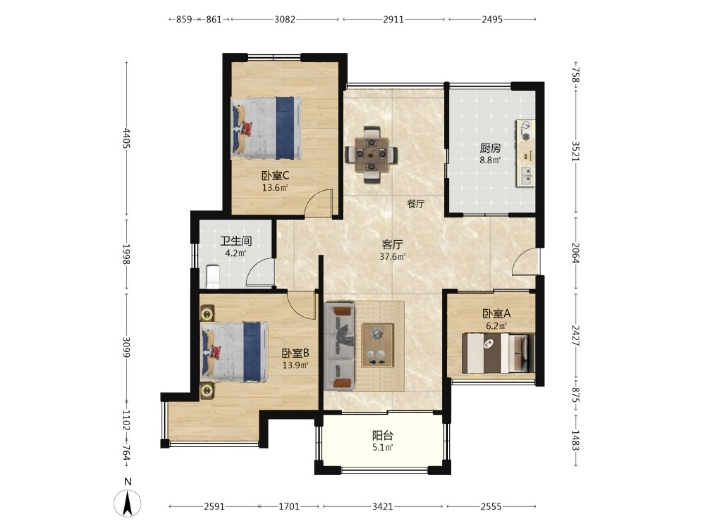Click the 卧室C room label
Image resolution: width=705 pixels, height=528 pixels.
coord(275,176)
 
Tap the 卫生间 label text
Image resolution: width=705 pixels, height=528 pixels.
coord(236,241)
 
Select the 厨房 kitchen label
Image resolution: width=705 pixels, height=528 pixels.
coord(490,148)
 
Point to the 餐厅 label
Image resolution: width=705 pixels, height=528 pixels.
coord(416,203)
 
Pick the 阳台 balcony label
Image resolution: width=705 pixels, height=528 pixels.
coord(383,436)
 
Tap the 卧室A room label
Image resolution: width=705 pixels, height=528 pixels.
coord(496,314)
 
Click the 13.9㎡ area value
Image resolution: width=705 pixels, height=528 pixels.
coord(295,365)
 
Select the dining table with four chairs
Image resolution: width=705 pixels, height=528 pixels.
coord(371,154)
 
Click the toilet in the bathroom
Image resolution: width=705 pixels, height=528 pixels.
coord(213,276)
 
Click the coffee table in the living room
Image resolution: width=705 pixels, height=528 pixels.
coord(377,345)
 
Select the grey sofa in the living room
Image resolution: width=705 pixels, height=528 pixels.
coord(339,346)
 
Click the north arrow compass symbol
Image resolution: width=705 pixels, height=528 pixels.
coord(128,503)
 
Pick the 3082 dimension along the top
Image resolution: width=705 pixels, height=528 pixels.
coord(285,19)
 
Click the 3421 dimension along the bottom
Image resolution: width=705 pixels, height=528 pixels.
coord(382,506)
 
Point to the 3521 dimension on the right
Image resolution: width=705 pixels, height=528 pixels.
coord(576,151)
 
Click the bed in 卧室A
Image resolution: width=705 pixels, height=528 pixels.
coord(498,354)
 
